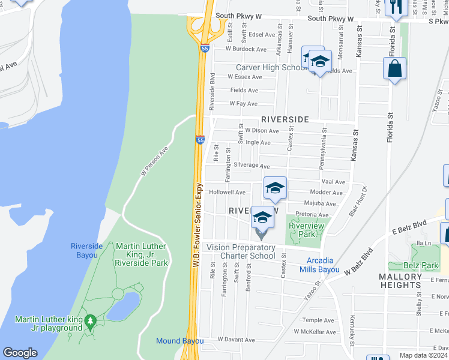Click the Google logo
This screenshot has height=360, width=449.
pyautogui.click(x=20, y=353)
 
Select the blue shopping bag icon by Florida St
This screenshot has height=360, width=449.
pyautogui.click(x=394, y=70)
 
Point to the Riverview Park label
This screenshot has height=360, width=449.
pyautogui.click(x=306, y=230)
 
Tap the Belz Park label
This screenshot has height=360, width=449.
pyautogui.click(x=421, y=264)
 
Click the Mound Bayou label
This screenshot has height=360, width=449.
pyautogui.click(x=176, y=341)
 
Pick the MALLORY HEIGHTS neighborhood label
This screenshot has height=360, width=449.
pyautogui.click(x=401, y=281)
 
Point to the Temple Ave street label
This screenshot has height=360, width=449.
pyautogui.click(x=318, y=320)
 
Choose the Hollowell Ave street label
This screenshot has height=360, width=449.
pyautogui.click(x=227, y=192)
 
